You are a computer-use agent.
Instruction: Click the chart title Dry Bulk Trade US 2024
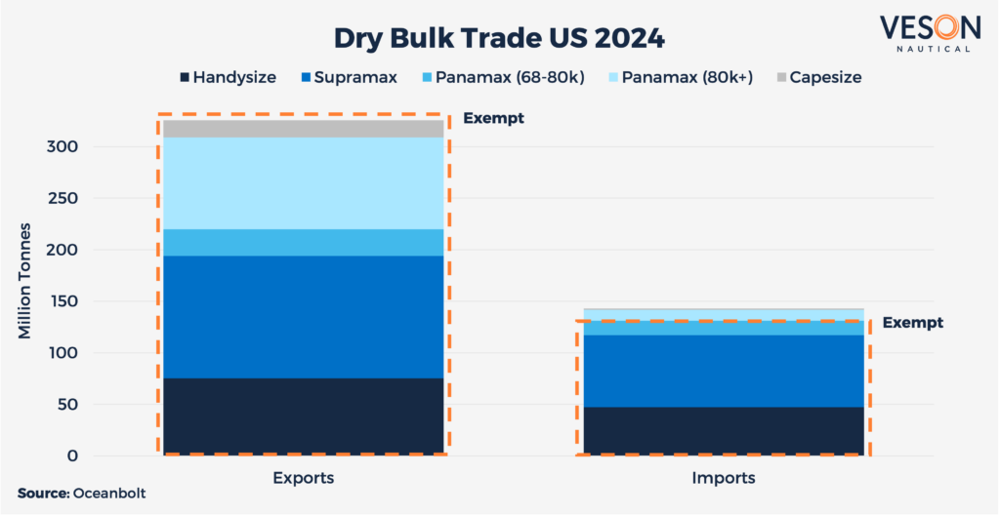(x=499, y=39)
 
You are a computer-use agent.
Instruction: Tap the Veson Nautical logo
(x=924, y=32)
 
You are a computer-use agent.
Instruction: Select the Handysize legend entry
(x=228, y=77)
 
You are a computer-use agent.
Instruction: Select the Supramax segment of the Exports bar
(x=304, y=317)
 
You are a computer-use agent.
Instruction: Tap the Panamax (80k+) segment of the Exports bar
(x=304, y=183)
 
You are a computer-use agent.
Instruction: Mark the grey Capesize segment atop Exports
(x=304, y=128)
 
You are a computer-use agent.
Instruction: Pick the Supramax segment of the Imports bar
(x=724, y=371)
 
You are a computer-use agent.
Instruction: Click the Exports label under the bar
(x=304, y=479)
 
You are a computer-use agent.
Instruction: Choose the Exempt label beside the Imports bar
(x=912, y=323)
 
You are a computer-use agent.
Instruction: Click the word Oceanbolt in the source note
(x=110, y=495)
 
